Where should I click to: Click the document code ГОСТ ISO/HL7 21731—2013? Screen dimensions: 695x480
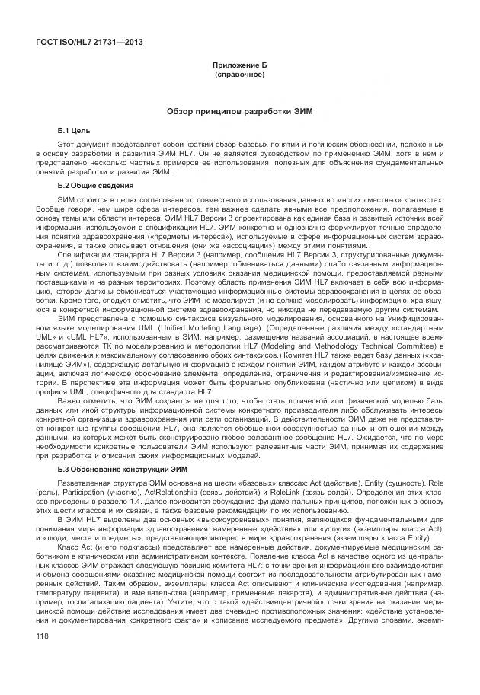(x=89, y=43)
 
